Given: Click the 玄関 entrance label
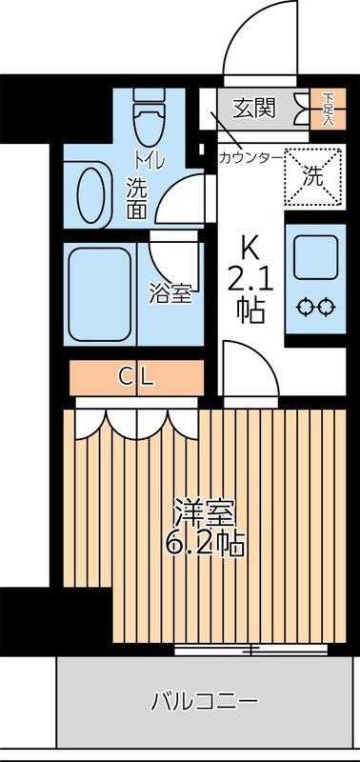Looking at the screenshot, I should coord(254,107).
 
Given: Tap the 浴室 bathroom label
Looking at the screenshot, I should coord(170,293).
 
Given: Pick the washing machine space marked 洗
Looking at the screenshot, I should coord(313,174).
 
